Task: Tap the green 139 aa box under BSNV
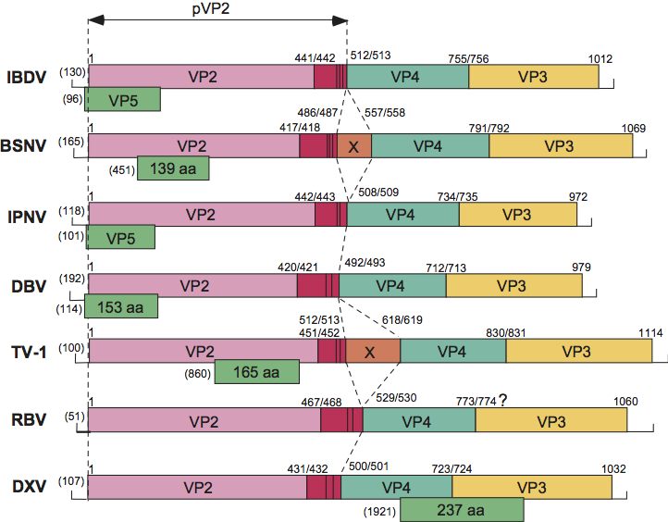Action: [173, 168]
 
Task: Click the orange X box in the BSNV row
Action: [353, 145]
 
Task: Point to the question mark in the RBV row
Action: [504, 400]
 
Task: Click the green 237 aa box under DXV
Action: [462, 510]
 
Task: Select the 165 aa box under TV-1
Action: [257, 373]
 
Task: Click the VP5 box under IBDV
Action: [123, 99]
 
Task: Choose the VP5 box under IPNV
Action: [120, 237]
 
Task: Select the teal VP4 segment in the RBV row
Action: [419, 420]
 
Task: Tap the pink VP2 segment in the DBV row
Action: [192, 285]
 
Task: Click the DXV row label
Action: [27, 488]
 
